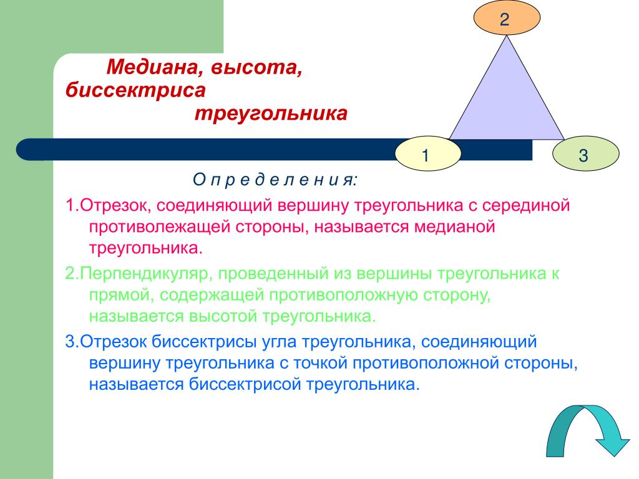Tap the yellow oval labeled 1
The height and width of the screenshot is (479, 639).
pos(426,154)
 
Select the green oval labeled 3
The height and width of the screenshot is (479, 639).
pos(583,154)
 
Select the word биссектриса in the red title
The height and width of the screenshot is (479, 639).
pos(135,90)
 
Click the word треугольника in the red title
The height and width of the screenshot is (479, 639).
pos(271,114)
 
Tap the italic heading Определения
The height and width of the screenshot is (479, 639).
pos(275,180)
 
